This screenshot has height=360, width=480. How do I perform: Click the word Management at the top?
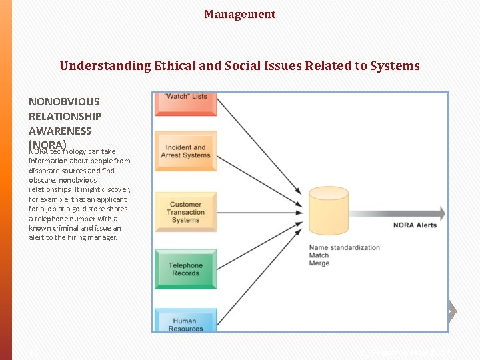coord(239,14)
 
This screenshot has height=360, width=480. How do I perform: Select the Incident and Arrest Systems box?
coord(185,151)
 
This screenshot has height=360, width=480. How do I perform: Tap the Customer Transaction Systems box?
coord(185,212)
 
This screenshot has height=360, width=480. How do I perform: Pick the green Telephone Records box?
coord(185,269)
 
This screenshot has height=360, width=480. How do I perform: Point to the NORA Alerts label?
coord(415,225)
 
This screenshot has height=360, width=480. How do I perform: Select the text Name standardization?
coord(344,248)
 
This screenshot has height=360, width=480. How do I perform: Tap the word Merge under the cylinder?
coord(319,263)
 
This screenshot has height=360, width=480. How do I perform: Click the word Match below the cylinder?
coord(319,255)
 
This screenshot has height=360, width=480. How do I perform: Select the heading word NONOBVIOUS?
coord(64,102)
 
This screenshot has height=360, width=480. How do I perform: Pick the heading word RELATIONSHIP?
coord(65,117)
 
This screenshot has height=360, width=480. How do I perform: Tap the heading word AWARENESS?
coord(60,131)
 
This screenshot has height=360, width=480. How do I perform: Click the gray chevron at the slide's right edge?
coord(452,311)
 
